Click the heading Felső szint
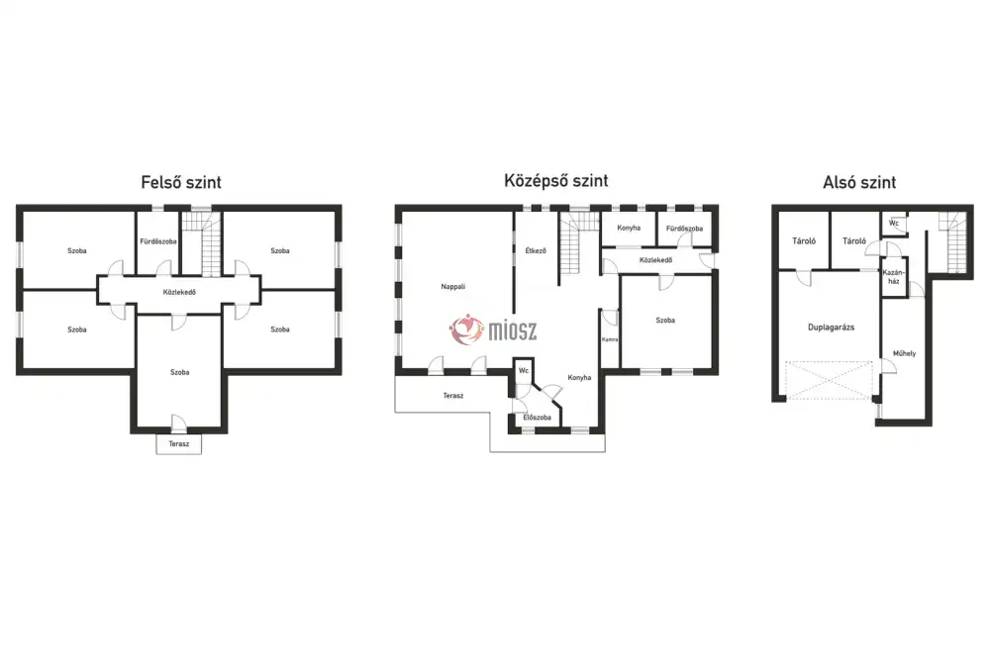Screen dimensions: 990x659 coord(181,182)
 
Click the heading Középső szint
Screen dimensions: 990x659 coord(555,180)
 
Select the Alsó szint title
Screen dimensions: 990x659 coord(859,182)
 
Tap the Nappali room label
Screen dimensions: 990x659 coord(453,287)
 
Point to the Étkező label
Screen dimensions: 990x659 coord(536,250)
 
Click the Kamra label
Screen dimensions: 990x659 coord(609,339)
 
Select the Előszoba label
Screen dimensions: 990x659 coord(537,418)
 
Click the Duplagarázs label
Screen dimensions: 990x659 coord(831,328)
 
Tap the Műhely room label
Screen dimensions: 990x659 coord(904,353)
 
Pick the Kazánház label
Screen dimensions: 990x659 coord(893,277)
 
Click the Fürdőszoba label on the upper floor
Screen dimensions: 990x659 coord(157,241)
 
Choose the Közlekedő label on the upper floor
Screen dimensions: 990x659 coord(179,292)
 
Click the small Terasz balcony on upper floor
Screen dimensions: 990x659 coord(178,443)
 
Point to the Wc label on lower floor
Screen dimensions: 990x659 coord(893,224)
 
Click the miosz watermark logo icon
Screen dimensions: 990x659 coord(466,329)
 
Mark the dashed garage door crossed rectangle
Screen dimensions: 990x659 coord(829,380)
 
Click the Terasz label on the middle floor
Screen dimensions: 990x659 coord(452,396)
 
